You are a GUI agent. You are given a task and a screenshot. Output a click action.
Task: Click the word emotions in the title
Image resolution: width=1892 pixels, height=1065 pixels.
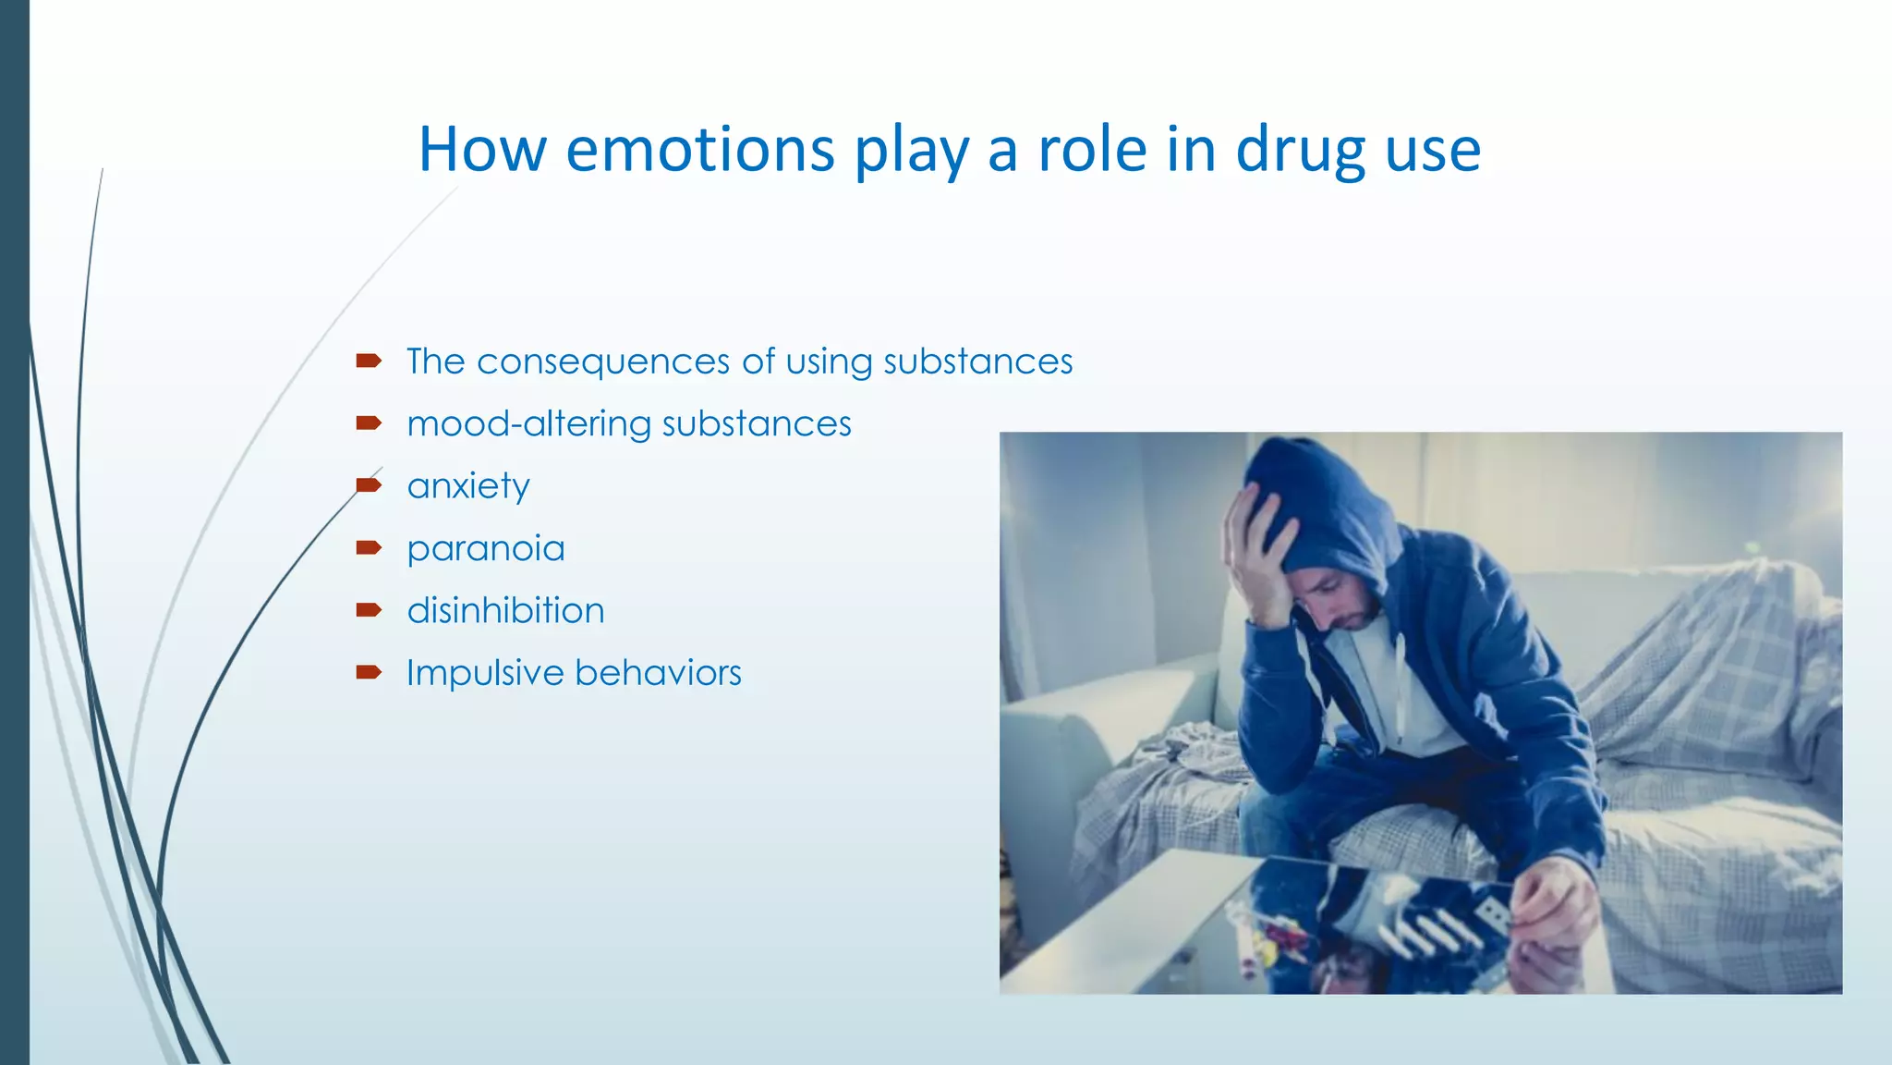(699, 150)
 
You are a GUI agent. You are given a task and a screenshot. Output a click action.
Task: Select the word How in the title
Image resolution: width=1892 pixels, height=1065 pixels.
(481, 150)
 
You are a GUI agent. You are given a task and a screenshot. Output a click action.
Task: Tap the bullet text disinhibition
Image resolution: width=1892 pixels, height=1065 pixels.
(505, 611)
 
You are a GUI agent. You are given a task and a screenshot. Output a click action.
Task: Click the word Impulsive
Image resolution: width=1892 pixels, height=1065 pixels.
(484, 673)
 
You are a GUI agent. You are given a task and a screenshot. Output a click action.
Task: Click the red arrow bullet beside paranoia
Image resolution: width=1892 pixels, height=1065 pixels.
(369, 547)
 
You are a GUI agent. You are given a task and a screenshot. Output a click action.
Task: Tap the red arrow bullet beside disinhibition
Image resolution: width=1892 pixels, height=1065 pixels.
(369, 609)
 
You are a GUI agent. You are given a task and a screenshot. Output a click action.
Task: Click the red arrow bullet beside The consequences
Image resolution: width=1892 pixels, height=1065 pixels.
(369, 361)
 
